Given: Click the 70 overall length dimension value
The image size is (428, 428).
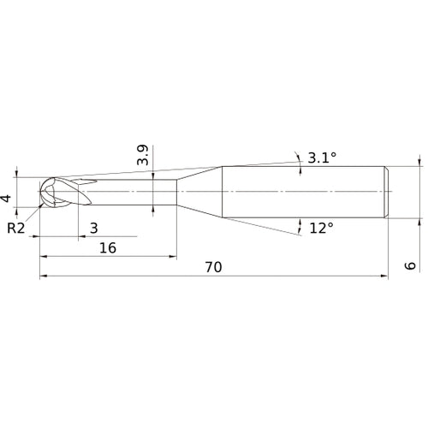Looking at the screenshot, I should (x=213, y=267).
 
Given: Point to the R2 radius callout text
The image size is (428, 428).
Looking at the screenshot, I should (x=16, y=228).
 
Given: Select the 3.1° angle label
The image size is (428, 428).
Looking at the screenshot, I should (x=322, y=157).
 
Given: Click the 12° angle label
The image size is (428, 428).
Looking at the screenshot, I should (x=321, y=228).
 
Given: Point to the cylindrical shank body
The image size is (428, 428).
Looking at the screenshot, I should (x=300, y=189).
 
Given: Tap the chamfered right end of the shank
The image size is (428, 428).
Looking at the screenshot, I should (x=386, y=189).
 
